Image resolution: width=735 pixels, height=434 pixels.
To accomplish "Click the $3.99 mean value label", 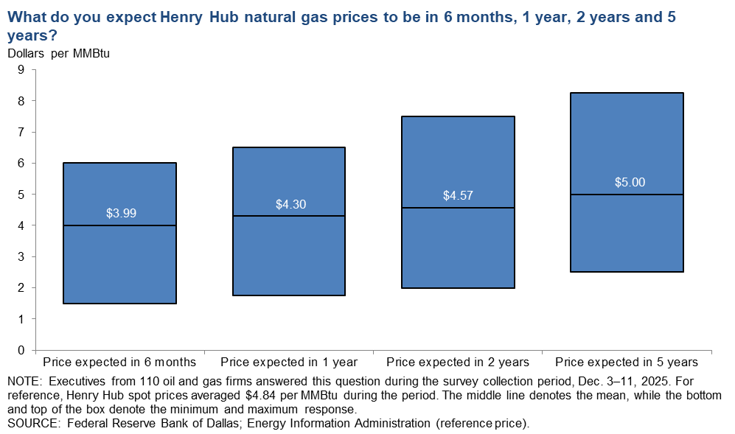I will pos(121,214).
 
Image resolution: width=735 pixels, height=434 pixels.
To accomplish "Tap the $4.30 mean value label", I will pos(289,204).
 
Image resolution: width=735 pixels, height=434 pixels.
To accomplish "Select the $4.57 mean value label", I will pos(458,196).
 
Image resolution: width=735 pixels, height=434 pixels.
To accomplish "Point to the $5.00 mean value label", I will pos(627,182).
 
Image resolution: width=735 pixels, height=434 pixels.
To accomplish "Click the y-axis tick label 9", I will pos(21,70).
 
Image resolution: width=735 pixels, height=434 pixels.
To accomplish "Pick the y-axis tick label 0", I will pos(21,350).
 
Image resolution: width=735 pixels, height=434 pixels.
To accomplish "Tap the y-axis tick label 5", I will pos(21,195).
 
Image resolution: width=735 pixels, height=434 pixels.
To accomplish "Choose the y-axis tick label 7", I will pos(21,132).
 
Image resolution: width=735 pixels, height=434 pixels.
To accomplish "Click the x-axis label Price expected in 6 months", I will pos(119,363).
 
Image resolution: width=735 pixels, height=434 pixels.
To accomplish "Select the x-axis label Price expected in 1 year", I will pos(289,363).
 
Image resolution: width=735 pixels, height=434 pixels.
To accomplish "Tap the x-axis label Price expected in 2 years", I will pos(458,363).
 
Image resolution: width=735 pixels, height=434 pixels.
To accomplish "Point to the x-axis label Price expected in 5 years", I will pos(627,363).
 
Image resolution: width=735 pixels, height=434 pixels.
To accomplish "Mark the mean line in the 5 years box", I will pos(627,195).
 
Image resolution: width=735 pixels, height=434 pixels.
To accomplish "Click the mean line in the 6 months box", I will pos(119,225).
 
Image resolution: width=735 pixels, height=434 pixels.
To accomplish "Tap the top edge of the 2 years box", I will pos(458,116).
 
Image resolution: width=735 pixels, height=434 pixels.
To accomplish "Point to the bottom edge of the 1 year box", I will pos(289,295).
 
